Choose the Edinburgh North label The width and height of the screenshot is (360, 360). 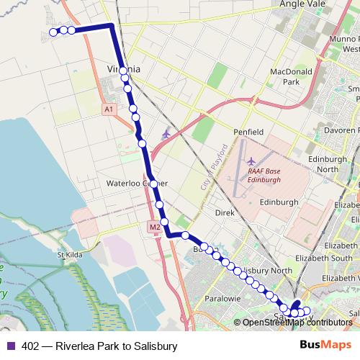coord(328,163)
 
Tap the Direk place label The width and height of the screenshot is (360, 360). coord(225,213)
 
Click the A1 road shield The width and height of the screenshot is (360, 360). coord(108,109)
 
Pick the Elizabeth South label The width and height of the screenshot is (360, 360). coord(328,258)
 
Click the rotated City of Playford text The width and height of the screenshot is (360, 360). coord(213,166)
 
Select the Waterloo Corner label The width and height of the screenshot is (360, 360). coord(132,184)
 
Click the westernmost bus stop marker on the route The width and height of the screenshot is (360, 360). coord(53,32)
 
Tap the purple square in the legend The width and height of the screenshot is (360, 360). coord(10,346)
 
